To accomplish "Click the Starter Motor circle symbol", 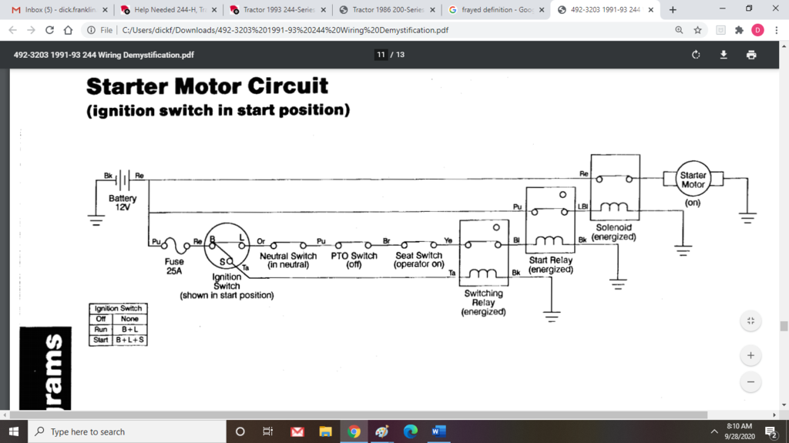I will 693,180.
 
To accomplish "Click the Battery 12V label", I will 123,203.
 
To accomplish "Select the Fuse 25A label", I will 174,266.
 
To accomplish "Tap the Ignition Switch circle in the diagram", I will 227,245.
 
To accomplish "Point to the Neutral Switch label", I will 288,260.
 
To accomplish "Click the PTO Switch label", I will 354,260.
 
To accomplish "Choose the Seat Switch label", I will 418,260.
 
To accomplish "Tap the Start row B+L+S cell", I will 129,340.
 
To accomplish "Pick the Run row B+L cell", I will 129,329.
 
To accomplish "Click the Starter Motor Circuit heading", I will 207,86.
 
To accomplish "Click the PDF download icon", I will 724,55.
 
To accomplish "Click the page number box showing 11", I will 381,55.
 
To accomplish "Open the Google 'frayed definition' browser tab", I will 494,10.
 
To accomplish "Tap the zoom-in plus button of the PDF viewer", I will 750,356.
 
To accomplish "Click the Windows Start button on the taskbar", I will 13,431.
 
